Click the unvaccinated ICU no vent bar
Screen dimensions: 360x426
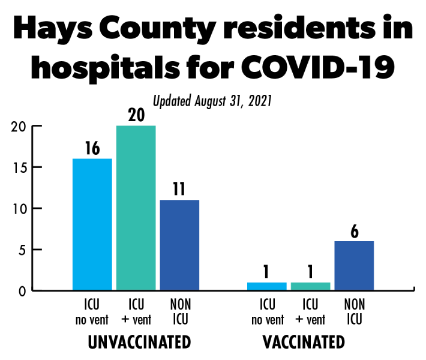(92, 224)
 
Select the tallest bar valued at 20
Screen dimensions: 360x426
(136, 208)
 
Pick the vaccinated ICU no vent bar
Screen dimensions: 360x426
(267, 286)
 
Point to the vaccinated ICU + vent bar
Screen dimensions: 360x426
(311, 286)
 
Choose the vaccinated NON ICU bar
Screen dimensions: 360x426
(354, 266)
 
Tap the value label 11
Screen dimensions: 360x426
(179, 190)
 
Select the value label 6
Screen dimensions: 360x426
(354, 231)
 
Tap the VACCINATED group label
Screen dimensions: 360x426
(304, 343)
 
